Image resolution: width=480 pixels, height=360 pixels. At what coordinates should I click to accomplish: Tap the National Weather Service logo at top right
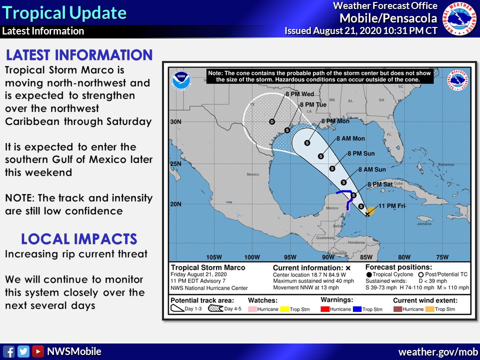[460, 18]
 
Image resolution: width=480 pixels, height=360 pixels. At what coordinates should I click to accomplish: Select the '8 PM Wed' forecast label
[299, 94]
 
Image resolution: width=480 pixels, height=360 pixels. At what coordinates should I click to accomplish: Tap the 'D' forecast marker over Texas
[272, 121]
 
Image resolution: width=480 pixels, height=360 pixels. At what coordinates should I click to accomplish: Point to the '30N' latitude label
[176, 121]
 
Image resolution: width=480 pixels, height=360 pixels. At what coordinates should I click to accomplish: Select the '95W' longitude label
[290, 257]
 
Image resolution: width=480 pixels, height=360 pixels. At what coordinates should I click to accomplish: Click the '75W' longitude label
[442, 257]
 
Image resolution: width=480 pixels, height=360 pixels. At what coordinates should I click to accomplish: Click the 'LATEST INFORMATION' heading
[79, 55]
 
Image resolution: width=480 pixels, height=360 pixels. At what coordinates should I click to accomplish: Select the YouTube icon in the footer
[38, 351]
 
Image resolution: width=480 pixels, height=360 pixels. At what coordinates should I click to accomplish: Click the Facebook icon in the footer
[8, 351]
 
